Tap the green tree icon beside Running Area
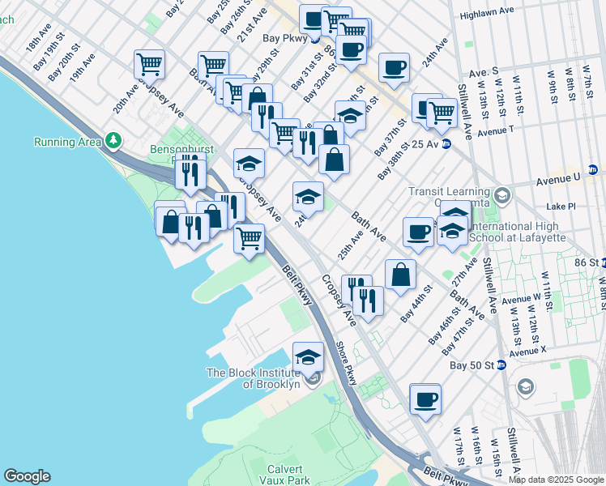113,142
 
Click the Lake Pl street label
561,207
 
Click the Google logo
27,476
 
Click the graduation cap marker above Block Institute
308,356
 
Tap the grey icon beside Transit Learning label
502,195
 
